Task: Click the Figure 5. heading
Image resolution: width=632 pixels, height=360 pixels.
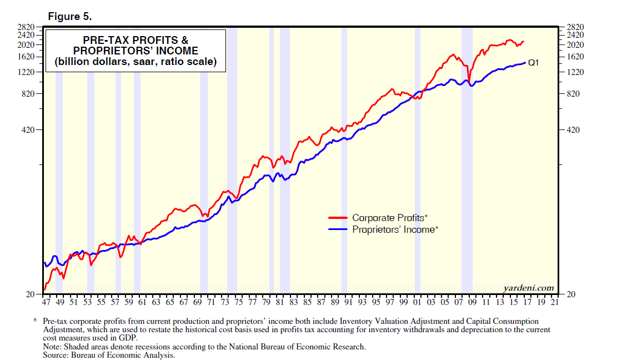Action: [69, 16]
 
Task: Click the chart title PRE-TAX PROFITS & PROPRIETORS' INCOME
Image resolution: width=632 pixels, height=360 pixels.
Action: [135, 46]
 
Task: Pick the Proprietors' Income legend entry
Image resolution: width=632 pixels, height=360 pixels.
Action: [395, 229]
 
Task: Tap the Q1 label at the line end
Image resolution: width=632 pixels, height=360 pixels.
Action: [534, 63]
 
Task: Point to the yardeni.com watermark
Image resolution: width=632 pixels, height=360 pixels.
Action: [528, 288]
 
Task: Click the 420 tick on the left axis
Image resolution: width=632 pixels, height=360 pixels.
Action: [28, 130]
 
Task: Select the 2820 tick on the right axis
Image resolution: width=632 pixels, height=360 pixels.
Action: [576, 26]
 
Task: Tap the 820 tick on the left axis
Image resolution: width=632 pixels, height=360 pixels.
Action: [28, 93]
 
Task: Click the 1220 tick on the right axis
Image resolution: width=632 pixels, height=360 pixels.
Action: [576, 72]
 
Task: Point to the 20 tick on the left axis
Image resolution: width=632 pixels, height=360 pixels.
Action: [31, 294]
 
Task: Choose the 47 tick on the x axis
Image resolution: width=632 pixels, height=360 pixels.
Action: [47, 303]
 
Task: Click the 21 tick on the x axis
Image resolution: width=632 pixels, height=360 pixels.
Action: [554, 303]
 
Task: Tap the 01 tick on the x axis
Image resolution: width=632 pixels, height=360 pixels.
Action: [417, 303]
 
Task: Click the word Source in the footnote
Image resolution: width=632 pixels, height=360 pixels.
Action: [56, 354]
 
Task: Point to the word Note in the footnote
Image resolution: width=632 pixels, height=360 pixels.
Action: [52, 346]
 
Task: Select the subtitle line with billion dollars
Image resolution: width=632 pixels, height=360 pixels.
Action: [135, 62]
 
